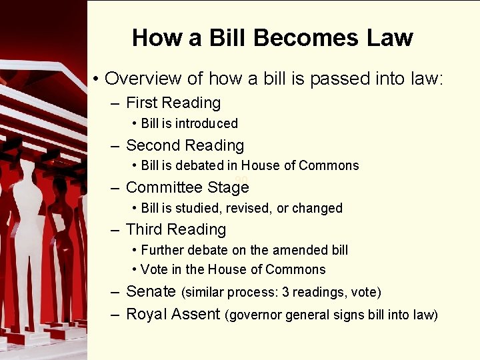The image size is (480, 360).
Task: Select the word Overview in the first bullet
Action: point(143,79)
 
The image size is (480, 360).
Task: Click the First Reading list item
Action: point(173,103)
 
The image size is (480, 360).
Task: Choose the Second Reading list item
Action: point(185,145)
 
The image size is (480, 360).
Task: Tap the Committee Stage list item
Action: point(187,187)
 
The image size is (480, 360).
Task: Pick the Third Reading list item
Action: point(176,229)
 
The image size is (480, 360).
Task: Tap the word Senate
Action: point(151,291)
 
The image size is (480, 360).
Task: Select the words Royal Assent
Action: point(173,314)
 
